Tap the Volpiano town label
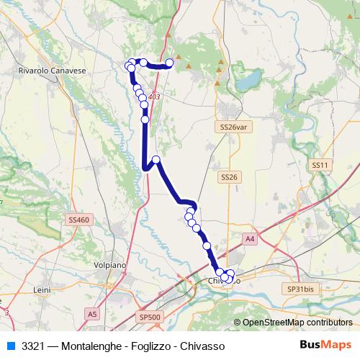[111, 265]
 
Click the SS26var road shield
[229, 127]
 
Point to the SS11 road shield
[320, 165]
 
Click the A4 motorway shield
[249, 238]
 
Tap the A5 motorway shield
[92, 314]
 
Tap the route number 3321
[33, 346]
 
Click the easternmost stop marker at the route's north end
[170, 63]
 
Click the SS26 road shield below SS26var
[229, 176]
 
